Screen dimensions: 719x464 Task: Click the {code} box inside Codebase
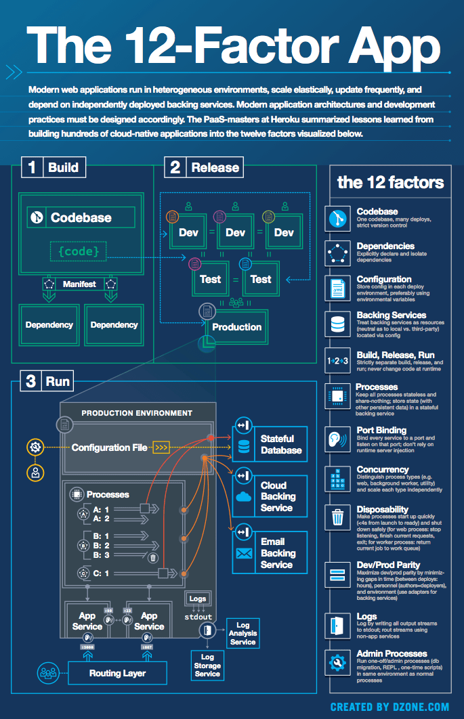pos(79,252)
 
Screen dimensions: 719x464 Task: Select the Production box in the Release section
pos(236,327)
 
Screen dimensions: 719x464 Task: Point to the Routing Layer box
pos(117,673)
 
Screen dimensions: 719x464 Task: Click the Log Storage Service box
pos(207,665)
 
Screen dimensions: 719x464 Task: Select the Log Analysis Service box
pos(242,633)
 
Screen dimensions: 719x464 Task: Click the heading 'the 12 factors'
pos(390,182)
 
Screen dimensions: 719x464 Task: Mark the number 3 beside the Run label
pos(30,382)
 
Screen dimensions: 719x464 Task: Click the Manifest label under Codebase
pos(79,284)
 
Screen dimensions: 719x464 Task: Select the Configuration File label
pos(109,448)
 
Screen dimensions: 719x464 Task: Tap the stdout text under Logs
pos(198,617)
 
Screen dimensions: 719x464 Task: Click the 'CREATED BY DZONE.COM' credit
pos(389,707)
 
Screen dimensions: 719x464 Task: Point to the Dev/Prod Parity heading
pos(388,565)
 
